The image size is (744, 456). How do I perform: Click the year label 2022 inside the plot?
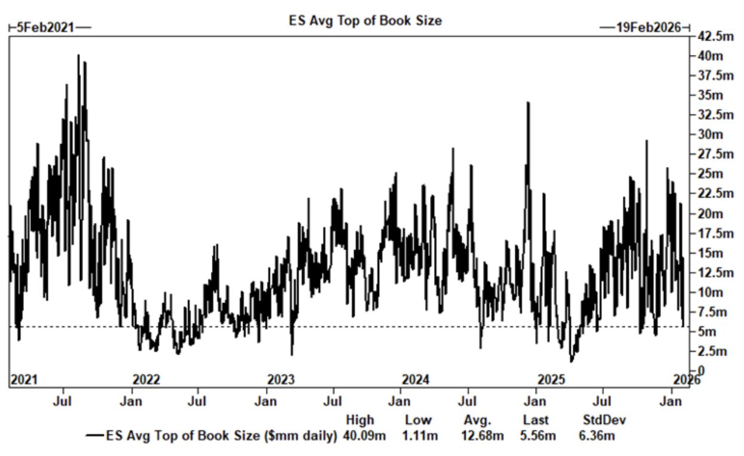click(x=146, y=380)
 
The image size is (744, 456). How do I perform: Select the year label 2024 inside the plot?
click(x=416, y=380)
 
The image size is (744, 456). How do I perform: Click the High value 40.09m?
click(x=364, y=436)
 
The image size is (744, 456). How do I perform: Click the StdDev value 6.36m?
click(x=597, y=436)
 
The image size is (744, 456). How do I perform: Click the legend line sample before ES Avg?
click(x=94, y=436)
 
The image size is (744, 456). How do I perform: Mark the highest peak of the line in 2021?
click(x=78, y=55)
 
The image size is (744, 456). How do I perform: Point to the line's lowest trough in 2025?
click(x=571, y=362)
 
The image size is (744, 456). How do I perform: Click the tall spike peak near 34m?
click(x=528, y=103)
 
